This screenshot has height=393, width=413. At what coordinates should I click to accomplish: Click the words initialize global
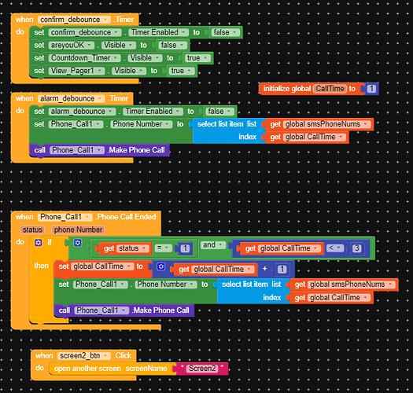(287, 89)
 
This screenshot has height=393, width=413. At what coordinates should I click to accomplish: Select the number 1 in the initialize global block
(371, 89)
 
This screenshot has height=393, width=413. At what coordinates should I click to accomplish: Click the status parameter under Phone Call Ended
(32, 229)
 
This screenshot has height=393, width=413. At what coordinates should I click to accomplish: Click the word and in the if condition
(208, 245)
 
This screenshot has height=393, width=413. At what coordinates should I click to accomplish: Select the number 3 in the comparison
(357, 248)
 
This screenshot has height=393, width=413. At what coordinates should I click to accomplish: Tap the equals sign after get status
(158, 248)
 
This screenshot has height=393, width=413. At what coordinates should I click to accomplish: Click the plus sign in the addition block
(264, 269)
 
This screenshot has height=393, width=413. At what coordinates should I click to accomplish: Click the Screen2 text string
(203, 368)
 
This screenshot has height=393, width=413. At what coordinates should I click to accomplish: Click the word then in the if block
(40, 266)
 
